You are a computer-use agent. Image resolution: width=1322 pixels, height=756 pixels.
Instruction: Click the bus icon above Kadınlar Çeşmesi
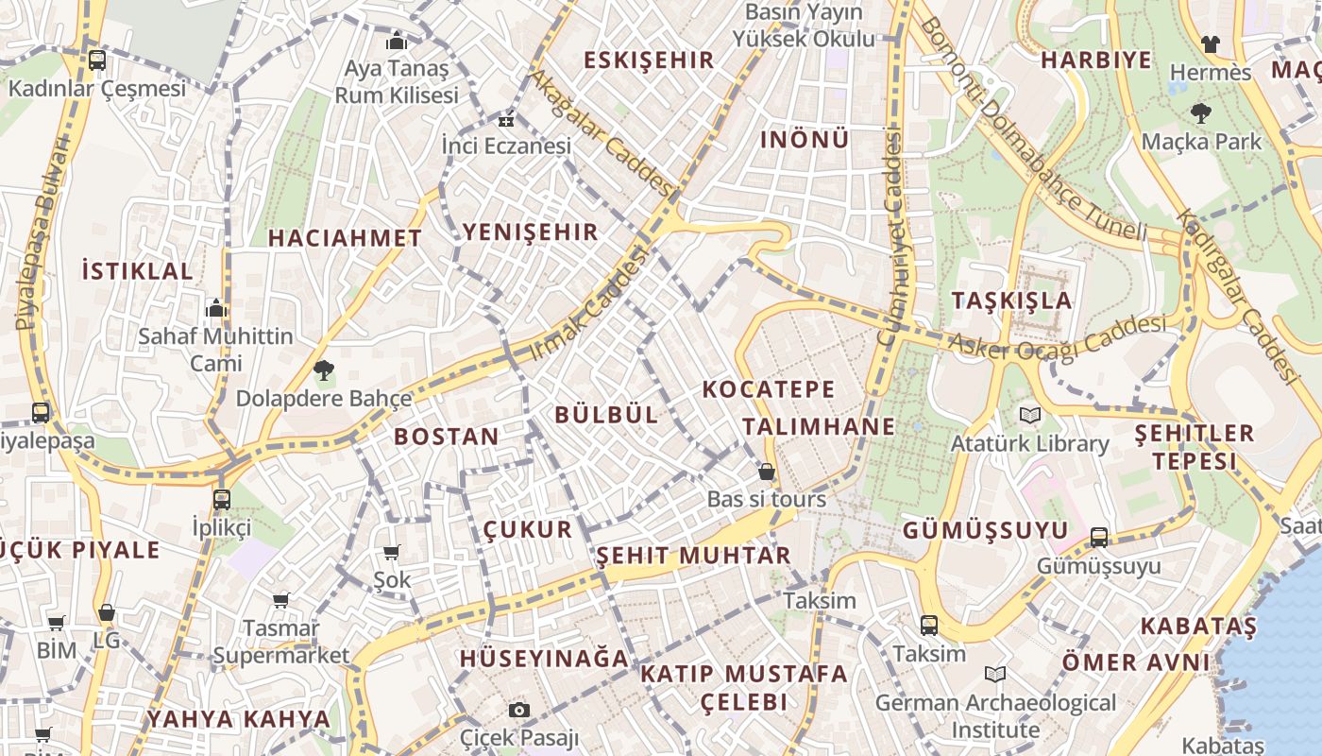[96, 60]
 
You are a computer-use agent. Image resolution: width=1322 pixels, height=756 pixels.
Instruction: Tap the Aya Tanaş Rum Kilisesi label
[397, 82]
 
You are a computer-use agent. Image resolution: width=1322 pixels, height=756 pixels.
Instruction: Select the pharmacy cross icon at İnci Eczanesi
[507, 120]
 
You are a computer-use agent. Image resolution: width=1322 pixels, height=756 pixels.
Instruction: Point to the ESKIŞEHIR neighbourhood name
[649, 60]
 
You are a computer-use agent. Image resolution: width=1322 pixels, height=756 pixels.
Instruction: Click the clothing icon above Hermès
[1210, 43]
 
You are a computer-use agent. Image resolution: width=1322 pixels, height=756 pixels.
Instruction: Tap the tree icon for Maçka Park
[1200, 114]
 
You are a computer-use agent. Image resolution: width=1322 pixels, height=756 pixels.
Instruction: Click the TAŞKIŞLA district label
[1011, 301]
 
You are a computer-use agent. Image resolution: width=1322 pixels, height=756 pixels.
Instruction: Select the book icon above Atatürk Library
[1029, 415]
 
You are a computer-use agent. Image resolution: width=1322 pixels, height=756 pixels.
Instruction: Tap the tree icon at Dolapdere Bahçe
[324, 370]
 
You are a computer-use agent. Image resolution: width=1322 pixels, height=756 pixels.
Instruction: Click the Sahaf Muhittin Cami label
[216, 350]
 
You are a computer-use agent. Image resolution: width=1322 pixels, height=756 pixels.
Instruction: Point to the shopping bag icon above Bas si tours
[767, 471]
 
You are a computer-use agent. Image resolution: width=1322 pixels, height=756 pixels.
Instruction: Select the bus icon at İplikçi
[221, 499]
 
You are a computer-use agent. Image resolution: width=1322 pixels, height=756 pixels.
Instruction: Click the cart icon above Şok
[392, 552]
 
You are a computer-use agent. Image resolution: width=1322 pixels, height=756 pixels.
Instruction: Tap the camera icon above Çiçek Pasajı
[518, 710]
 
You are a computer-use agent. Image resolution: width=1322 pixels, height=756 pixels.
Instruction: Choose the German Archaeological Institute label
[995, 716]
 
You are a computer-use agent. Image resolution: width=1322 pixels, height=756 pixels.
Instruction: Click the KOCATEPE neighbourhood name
[769, 389]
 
